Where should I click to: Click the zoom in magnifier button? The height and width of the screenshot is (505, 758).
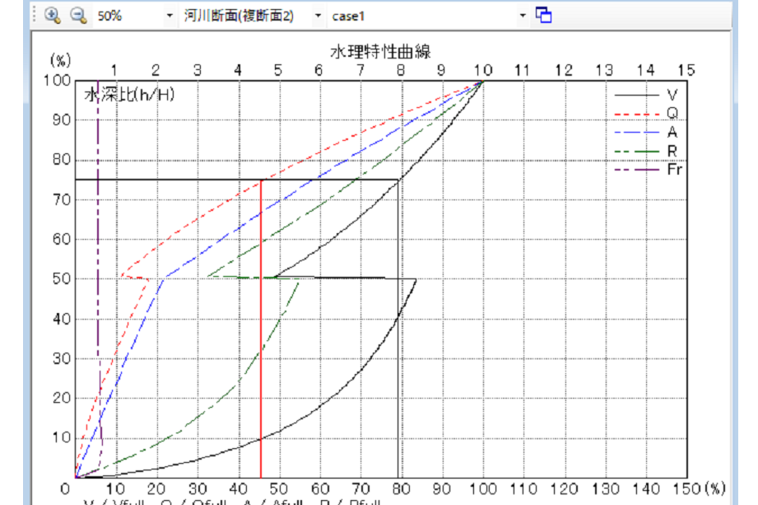[x=53, y=15]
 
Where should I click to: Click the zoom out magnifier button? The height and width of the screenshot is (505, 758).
[x=78, y=15]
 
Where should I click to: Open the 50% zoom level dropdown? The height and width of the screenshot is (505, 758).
[x=170, y=16]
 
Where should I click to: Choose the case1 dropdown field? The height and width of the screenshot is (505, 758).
[x=523, y=16]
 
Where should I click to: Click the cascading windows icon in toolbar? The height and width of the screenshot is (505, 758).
[x=543, y=15]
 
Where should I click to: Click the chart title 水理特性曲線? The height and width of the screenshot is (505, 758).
[x=381, y=52]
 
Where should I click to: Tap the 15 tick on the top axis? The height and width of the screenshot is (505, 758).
[x=686, y=69]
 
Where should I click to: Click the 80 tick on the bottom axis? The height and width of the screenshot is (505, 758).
[x=401, y=489]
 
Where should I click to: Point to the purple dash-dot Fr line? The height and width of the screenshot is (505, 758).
[x=98, y=247]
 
